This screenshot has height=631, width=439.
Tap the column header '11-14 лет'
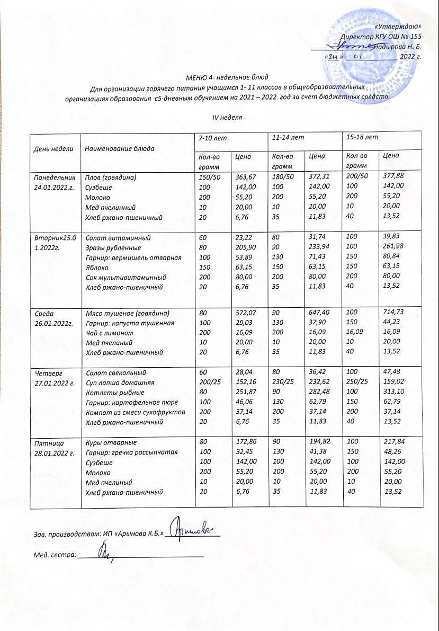(x=288, y=138)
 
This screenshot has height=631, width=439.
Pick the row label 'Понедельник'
(x=55, y=177)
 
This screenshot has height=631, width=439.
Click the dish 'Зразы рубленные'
(x=113, y=247)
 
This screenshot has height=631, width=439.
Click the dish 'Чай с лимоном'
(x=110, y=333)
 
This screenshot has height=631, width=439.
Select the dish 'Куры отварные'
(x=111, y=442)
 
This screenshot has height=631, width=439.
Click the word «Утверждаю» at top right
(x=405, y=26)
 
